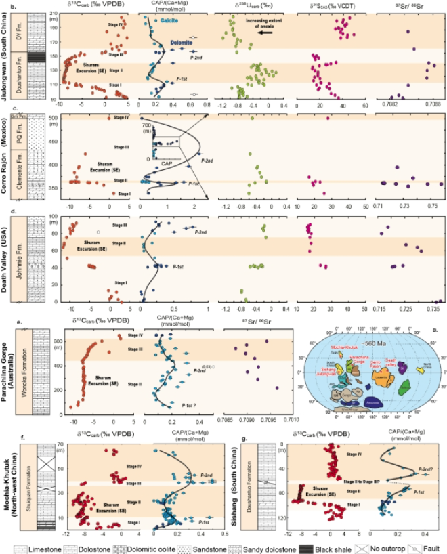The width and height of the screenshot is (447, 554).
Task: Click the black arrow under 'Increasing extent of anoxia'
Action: [270, 31]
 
